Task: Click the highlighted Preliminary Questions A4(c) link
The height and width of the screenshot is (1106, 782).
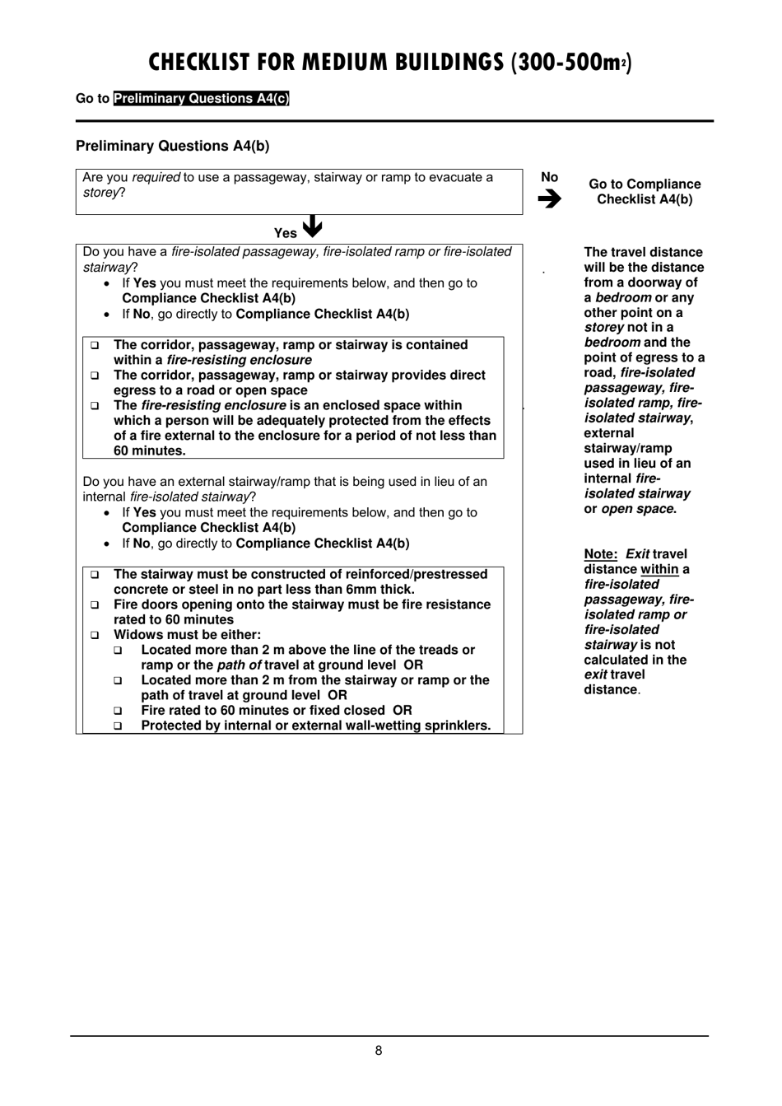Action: [202, 99]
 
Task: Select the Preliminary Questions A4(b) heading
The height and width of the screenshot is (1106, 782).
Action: [173, 146]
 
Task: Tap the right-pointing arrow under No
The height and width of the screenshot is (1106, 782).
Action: [550, 198]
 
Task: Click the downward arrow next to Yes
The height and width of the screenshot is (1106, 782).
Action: [312, 226]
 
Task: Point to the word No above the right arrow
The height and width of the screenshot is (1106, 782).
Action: [550, 177]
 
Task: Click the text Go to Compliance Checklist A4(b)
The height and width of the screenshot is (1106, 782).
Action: [645, 192]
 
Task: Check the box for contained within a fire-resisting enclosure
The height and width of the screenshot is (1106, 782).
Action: [95, 345]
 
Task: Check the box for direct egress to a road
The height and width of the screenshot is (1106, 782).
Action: [95, 376]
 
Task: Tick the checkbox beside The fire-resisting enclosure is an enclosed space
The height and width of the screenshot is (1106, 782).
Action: [95, 406]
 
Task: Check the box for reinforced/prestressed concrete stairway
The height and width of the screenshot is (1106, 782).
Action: [95, 575]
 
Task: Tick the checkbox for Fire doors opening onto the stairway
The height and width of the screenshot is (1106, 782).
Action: [95, 605]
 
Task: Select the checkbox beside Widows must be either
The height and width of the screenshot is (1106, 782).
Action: [95, 636]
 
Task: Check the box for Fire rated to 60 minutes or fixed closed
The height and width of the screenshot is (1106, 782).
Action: [119, 711]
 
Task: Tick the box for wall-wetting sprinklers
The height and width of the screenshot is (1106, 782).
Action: [119, 726]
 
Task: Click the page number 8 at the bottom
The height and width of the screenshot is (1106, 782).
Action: [379, 1051]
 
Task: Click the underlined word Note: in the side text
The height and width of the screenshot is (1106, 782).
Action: [601, 554]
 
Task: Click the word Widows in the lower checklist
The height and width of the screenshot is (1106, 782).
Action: [136, 635]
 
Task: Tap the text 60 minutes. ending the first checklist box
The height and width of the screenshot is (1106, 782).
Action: [150, 451]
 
